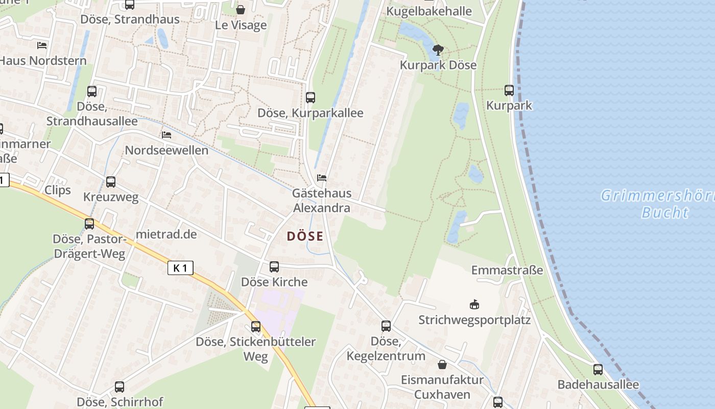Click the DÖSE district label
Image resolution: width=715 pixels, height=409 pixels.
305,236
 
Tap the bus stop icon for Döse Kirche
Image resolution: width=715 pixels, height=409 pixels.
274,267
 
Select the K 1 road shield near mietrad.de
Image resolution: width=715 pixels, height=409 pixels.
180,267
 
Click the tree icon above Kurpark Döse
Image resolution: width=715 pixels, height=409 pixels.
438,50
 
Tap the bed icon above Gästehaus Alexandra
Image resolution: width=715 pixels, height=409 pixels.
322,178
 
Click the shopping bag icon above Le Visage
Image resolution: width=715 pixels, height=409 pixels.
241,10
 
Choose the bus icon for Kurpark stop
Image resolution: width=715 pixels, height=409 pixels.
509,90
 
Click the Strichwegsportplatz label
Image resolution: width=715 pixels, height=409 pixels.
474,320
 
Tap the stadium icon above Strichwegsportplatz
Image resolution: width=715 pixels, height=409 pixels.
474,305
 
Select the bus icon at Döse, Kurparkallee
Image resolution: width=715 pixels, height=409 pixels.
311,98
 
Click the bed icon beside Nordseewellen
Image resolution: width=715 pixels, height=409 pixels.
166,135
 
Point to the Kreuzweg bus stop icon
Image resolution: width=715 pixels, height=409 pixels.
111,182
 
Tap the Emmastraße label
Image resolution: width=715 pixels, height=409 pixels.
507,270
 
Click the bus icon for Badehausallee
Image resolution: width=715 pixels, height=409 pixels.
598,370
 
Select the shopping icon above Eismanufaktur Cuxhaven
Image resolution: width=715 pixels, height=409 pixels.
442,365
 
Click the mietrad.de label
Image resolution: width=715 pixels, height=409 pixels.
166,234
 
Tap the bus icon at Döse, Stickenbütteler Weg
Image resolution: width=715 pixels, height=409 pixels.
256,327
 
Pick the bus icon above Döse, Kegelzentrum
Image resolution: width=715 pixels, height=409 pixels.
386,326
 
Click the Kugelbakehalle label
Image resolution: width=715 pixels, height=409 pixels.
429,11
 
